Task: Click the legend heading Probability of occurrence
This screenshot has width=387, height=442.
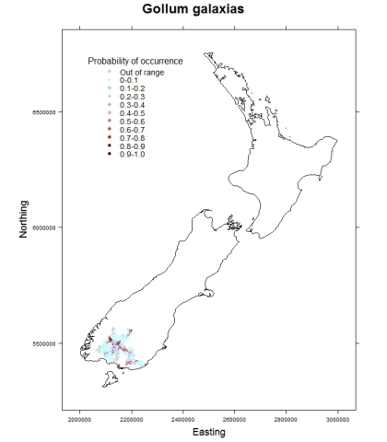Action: [x=135, y=61]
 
